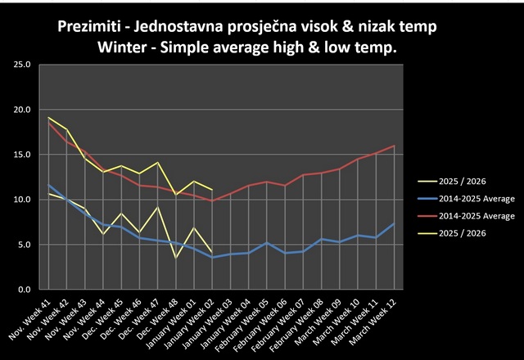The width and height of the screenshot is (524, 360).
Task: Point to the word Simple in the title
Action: [x=187, y=48]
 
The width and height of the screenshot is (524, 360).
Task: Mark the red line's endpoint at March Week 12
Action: [x=395, y=146]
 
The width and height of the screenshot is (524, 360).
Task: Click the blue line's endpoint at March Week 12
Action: [x=395, y=223]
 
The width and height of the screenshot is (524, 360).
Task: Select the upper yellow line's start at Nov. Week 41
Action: [x=49, y=118]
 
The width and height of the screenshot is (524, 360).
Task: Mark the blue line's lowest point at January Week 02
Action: [x=213, y=258]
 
